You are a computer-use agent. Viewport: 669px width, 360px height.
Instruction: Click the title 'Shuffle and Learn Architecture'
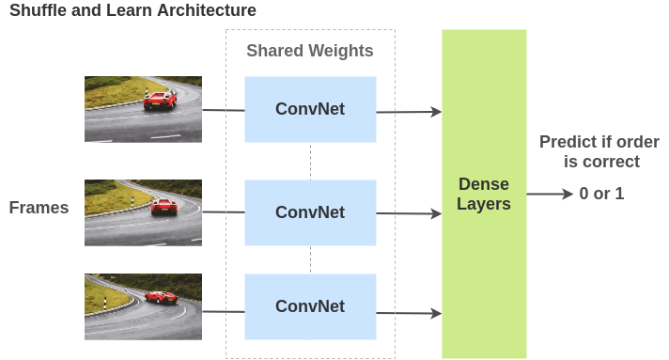pos(132,11)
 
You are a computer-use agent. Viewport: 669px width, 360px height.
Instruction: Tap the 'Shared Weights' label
pos(310,51)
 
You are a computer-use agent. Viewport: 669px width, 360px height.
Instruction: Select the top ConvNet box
pos(310,109)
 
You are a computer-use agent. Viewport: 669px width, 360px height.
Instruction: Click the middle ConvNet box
pos(310,212)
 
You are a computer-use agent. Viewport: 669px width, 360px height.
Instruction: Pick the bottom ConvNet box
pos(310,306)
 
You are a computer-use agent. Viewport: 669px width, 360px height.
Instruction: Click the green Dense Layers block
pos(484,194)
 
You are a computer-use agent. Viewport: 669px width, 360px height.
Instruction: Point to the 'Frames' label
pos(39,208)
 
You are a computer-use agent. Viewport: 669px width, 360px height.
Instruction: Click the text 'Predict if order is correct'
pos(599,151)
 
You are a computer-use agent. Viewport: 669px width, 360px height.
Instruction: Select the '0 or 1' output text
pos(601,195)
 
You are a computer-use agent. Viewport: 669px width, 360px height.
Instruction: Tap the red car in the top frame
pos(160,101)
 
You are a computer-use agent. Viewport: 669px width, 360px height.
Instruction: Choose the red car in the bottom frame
pos(161,297)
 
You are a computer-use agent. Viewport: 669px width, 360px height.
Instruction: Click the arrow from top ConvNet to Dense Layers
pos(409,112)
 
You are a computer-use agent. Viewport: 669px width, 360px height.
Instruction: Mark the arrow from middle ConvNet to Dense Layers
pos(409,213)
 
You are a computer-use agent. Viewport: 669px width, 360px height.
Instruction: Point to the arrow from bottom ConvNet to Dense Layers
pos(409,312)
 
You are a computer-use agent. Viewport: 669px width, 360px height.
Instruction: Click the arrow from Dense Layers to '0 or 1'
pos(550,195)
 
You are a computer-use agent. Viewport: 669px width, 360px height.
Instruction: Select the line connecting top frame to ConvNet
pos(223,110)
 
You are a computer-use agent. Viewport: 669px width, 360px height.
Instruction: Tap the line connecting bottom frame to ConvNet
pos(223,311)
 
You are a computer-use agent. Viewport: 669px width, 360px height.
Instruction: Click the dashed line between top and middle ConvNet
pos(310,161)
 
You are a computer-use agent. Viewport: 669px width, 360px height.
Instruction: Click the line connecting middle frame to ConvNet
pos(223,211)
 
